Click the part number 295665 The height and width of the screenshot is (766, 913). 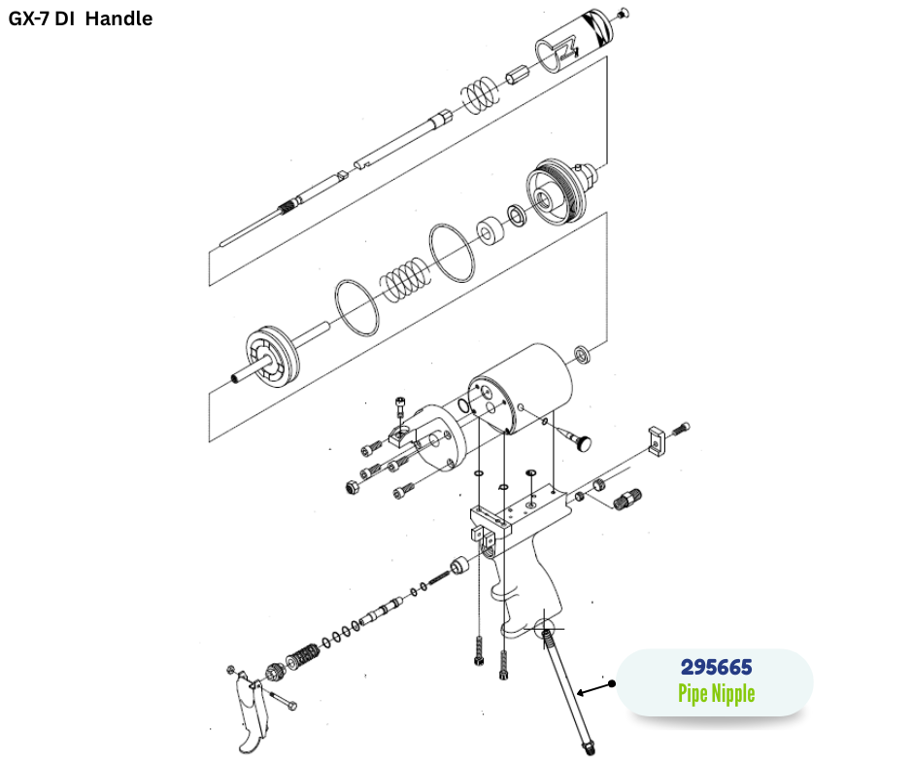pos(715,668)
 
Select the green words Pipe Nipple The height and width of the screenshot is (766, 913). pos(715,693)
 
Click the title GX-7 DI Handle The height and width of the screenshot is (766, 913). pos(81,18)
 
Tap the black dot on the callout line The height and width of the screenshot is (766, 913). pos(614,683)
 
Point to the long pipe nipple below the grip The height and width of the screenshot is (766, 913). pos(569,690)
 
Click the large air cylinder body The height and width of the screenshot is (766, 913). pos(524,389)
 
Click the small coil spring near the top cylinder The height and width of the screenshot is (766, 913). pos(477,93)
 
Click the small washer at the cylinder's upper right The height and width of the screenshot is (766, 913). pos(583,353)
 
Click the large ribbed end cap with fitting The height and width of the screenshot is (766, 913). pos(558,191)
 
